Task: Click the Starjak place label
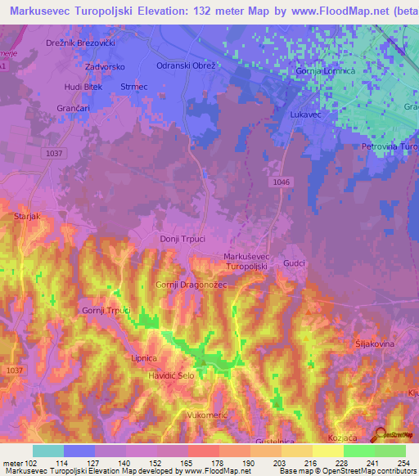tap(29, 217)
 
